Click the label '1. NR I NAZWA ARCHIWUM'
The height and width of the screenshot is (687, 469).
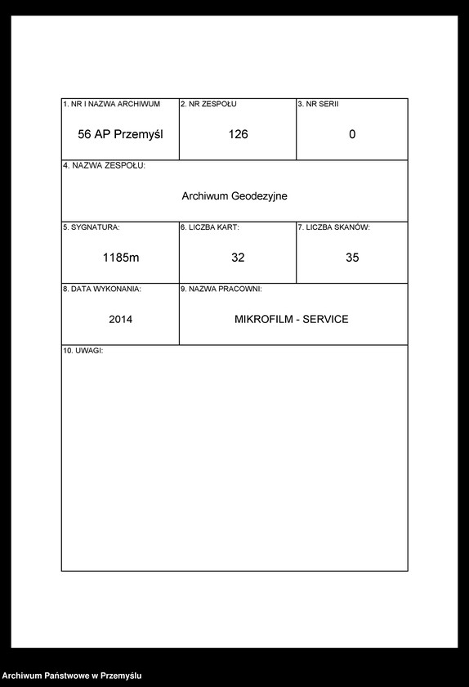click(111, 105)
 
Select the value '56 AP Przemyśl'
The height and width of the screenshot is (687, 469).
click(120, 134)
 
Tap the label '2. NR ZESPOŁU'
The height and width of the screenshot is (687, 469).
click(208, 105)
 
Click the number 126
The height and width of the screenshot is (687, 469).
click(238, 134)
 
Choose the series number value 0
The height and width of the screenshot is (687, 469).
click(352, 134)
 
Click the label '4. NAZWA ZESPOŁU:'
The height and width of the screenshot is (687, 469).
click(104, 166)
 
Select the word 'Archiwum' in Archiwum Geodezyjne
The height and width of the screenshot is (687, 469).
click(205, 196)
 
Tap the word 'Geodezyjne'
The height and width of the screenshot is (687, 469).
click(260, 196)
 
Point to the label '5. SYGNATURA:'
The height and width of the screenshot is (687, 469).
click(92, 227)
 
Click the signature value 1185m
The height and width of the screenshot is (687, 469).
click(121, 258)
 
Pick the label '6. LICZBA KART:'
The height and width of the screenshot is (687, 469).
click(210, 227)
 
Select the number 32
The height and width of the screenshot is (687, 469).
click(238, 258)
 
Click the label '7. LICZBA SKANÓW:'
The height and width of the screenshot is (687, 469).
click(333, 227)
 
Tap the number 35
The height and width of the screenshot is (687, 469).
click(352, 258)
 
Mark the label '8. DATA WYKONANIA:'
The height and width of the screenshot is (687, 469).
click(102, 289)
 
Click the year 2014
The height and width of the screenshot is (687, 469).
click(120, 319)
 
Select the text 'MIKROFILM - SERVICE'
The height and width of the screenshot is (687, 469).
click(291, 319)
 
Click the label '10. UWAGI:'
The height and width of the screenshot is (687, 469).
click(83, 350)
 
